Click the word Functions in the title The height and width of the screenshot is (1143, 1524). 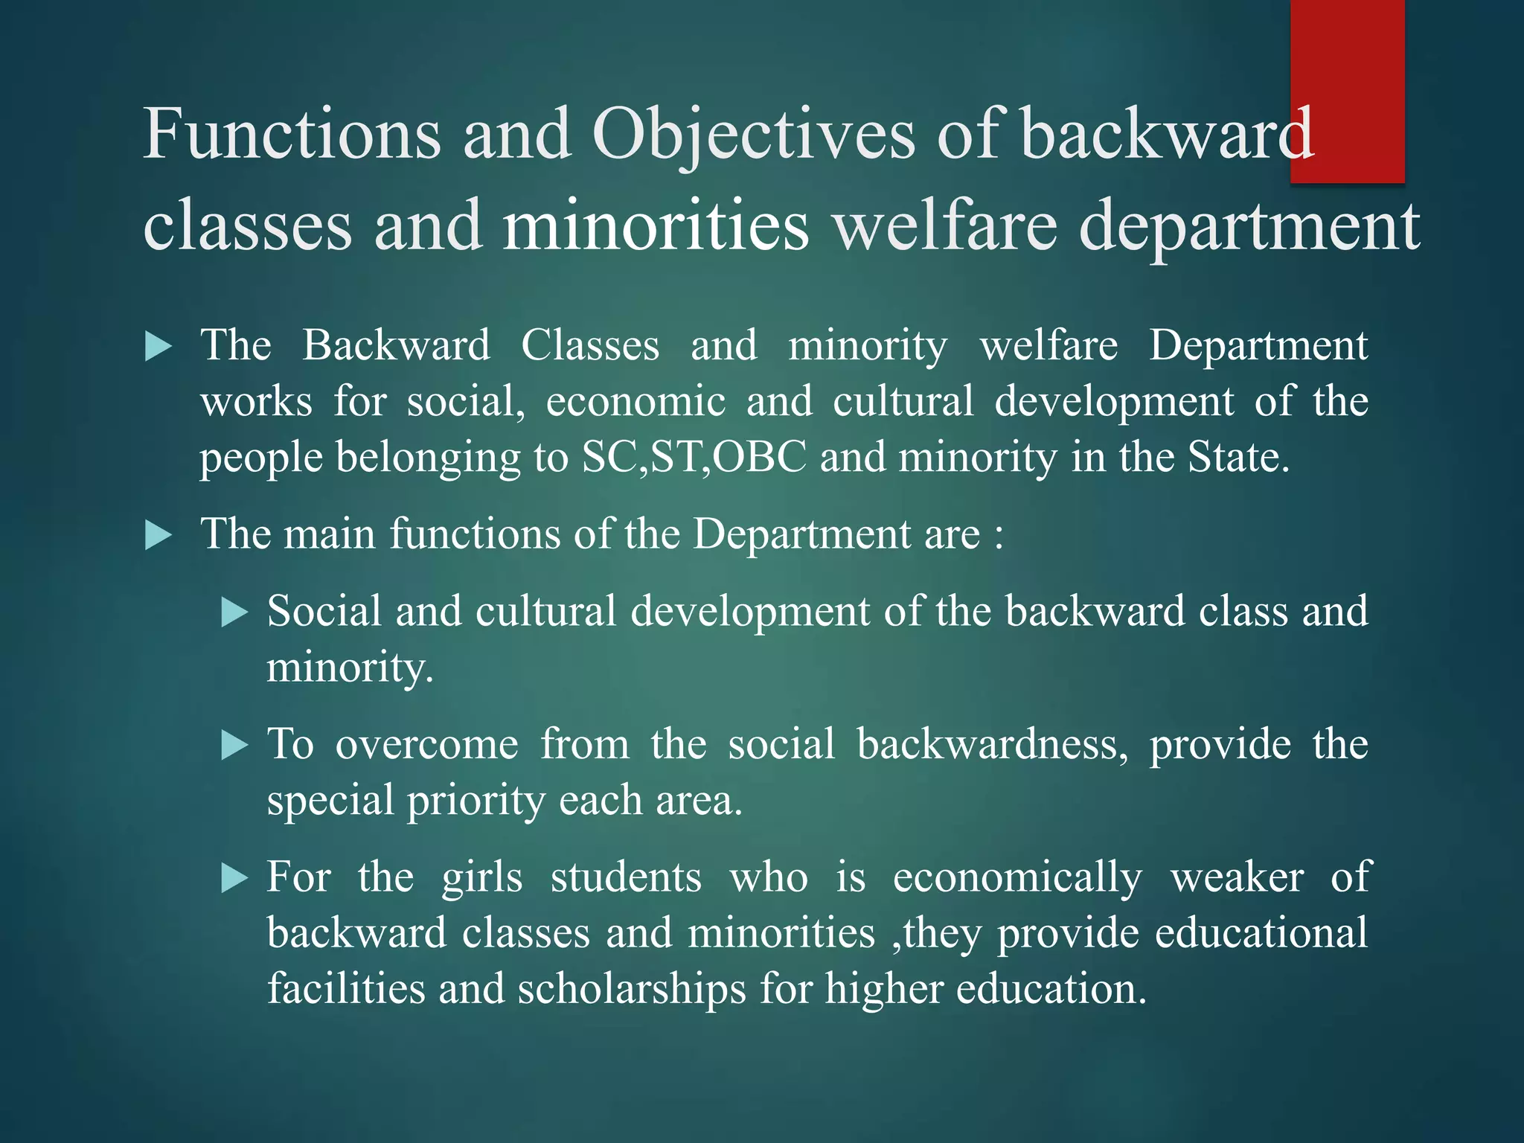pos(292,134)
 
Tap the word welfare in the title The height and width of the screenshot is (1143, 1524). pos(945,225)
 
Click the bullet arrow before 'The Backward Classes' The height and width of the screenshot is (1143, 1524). pos(158,347)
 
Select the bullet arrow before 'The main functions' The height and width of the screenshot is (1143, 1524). pos(158,535)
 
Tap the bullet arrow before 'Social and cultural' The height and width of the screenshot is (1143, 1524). pos(234,612)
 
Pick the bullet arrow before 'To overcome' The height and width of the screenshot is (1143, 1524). pos(234,745)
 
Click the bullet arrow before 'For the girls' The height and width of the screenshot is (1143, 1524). pos(234,878)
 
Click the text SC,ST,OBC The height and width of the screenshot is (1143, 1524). pos(694,457)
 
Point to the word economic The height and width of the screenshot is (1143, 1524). pos(635,401)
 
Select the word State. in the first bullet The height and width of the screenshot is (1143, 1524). pos(1239,457)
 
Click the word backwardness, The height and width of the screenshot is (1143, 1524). pos(993,744)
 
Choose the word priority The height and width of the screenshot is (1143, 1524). pos(476,802)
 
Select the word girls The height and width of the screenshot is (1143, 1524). pos(482,878)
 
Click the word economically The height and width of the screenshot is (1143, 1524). pos(1017,878)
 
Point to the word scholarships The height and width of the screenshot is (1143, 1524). pos(631,990)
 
